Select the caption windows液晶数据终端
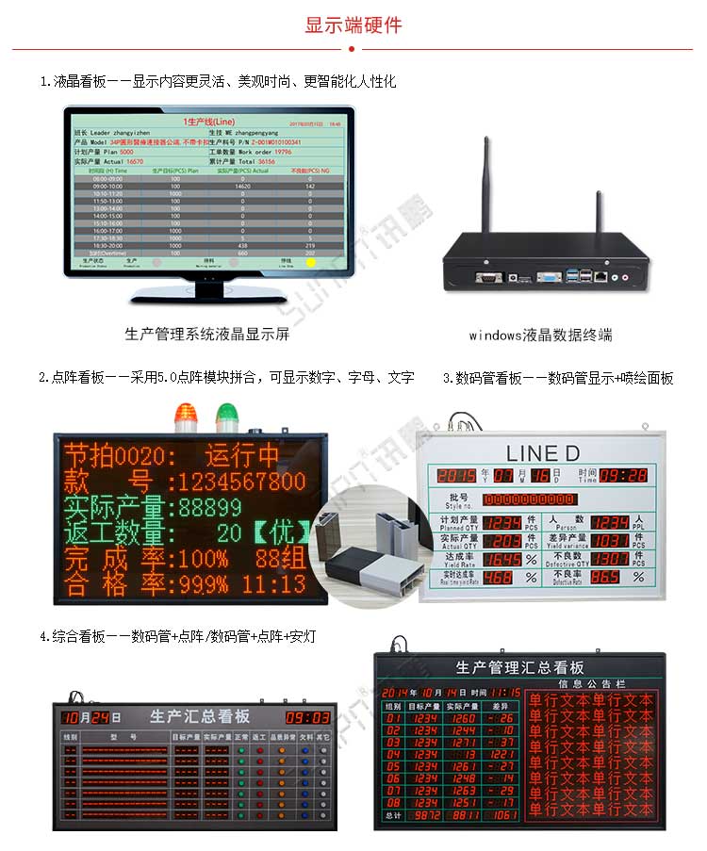pos(540,335)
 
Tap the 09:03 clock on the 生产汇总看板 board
pos(308,717)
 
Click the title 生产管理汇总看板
pos(518,667)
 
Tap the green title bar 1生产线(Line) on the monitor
pos(209,122)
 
